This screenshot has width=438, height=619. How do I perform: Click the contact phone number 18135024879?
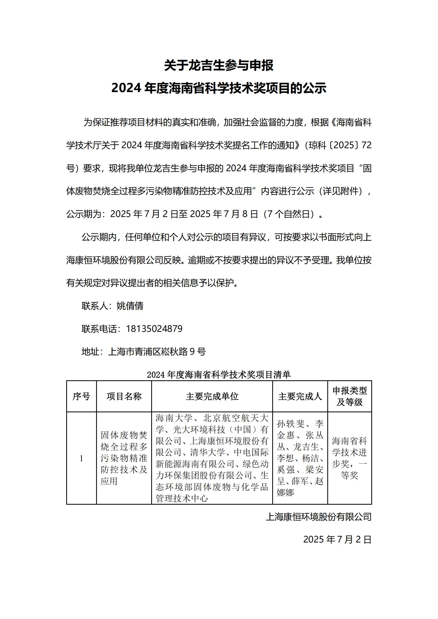click(x=154, y=329)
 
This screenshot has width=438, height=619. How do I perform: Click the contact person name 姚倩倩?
click(x=130, y=306)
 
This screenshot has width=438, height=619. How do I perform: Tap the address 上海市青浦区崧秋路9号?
click(x=157, y=351)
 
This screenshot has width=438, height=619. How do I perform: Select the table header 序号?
click(x=81, y=396)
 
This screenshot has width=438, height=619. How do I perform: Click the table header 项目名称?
click(x=124, y=396)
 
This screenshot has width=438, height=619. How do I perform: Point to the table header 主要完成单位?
click(x=212, y=396)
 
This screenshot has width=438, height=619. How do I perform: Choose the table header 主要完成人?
click(x=300, y=396)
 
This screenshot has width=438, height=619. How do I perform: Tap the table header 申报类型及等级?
click(x=350, y=396)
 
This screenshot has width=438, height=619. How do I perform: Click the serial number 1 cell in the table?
click(x=81, y=458)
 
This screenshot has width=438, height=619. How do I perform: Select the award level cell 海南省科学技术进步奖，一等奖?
click(x=350, y=458)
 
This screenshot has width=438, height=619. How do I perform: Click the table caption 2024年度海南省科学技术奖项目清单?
click(x=219, y=374)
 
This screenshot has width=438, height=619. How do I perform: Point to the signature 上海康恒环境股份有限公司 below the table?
click(x=319, y=517)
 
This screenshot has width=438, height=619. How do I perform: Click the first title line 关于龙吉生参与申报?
click(x=219, y=65)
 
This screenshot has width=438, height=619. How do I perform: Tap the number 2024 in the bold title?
click(x=126, y=88)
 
